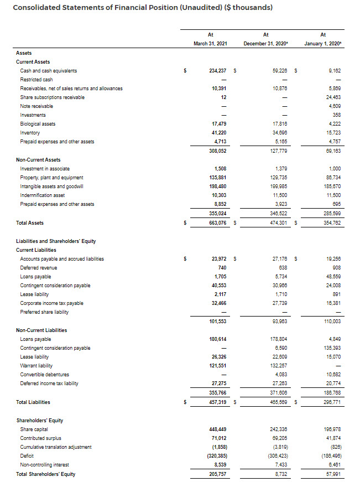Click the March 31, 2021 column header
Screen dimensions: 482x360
click(x=210, y=44)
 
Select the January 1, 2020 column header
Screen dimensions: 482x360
click(x=323, y=44)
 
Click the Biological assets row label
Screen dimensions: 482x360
click(x=38, y=124)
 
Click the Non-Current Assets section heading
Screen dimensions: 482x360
click(x=38, y=159)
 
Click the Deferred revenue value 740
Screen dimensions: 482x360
click(x=224, y=267)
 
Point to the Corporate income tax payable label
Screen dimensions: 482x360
click(x=51, y=303)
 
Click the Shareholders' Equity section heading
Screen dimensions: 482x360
click(x=39, y=420)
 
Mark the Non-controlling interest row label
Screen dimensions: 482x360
click(x=45, y=465)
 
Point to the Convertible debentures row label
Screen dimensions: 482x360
click(x=44, y=375)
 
